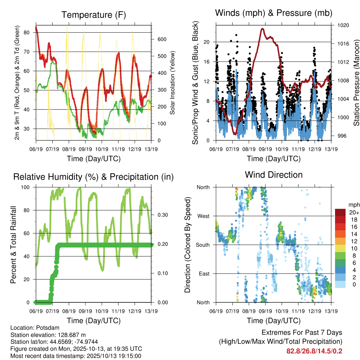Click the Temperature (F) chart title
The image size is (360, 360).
[x=94, y=15]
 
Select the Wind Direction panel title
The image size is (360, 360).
[x=274, y=175]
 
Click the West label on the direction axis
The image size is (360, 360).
[x=203, y=216]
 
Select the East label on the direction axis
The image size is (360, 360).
[x=204, y=274]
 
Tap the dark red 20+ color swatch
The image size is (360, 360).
[x=340, y=212]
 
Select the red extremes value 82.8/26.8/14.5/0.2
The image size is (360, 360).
[x=314, y=351]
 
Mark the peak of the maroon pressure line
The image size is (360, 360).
[x=262, y=29]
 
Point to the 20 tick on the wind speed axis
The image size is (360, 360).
[x=207, y=42]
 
